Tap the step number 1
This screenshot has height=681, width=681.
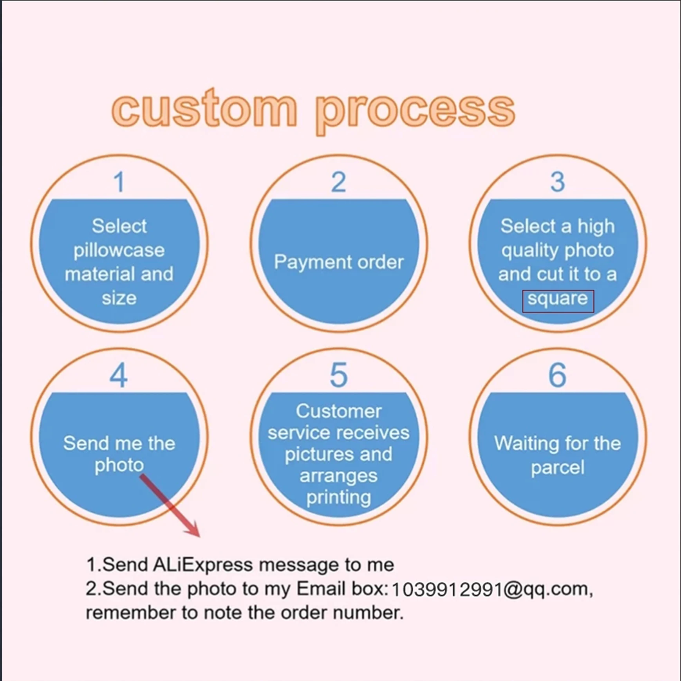point(119,182)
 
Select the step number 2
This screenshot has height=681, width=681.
point(339,182)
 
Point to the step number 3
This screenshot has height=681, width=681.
point(558,182)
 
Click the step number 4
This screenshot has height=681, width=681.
point(119,375)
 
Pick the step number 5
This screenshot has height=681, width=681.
point(339,375)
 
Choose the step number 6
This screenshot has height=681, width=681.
point(558,375)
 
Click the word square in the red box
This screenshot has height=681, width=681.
point(558,299)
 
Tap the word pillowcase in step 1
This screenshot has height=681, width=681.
point(119,251)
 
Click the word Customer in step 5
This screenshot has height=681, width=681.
point(339,411)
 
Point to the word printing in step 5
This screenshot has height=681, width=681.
point(339,498)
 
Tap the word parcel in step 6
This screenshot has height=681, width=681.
point(558,468)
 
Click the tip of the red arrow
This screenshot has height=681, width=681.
point(199,536)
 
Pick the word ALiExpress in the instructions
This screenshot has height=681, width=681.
point(203,565)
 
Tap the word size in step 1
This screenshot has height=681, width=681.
point(119,298)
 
